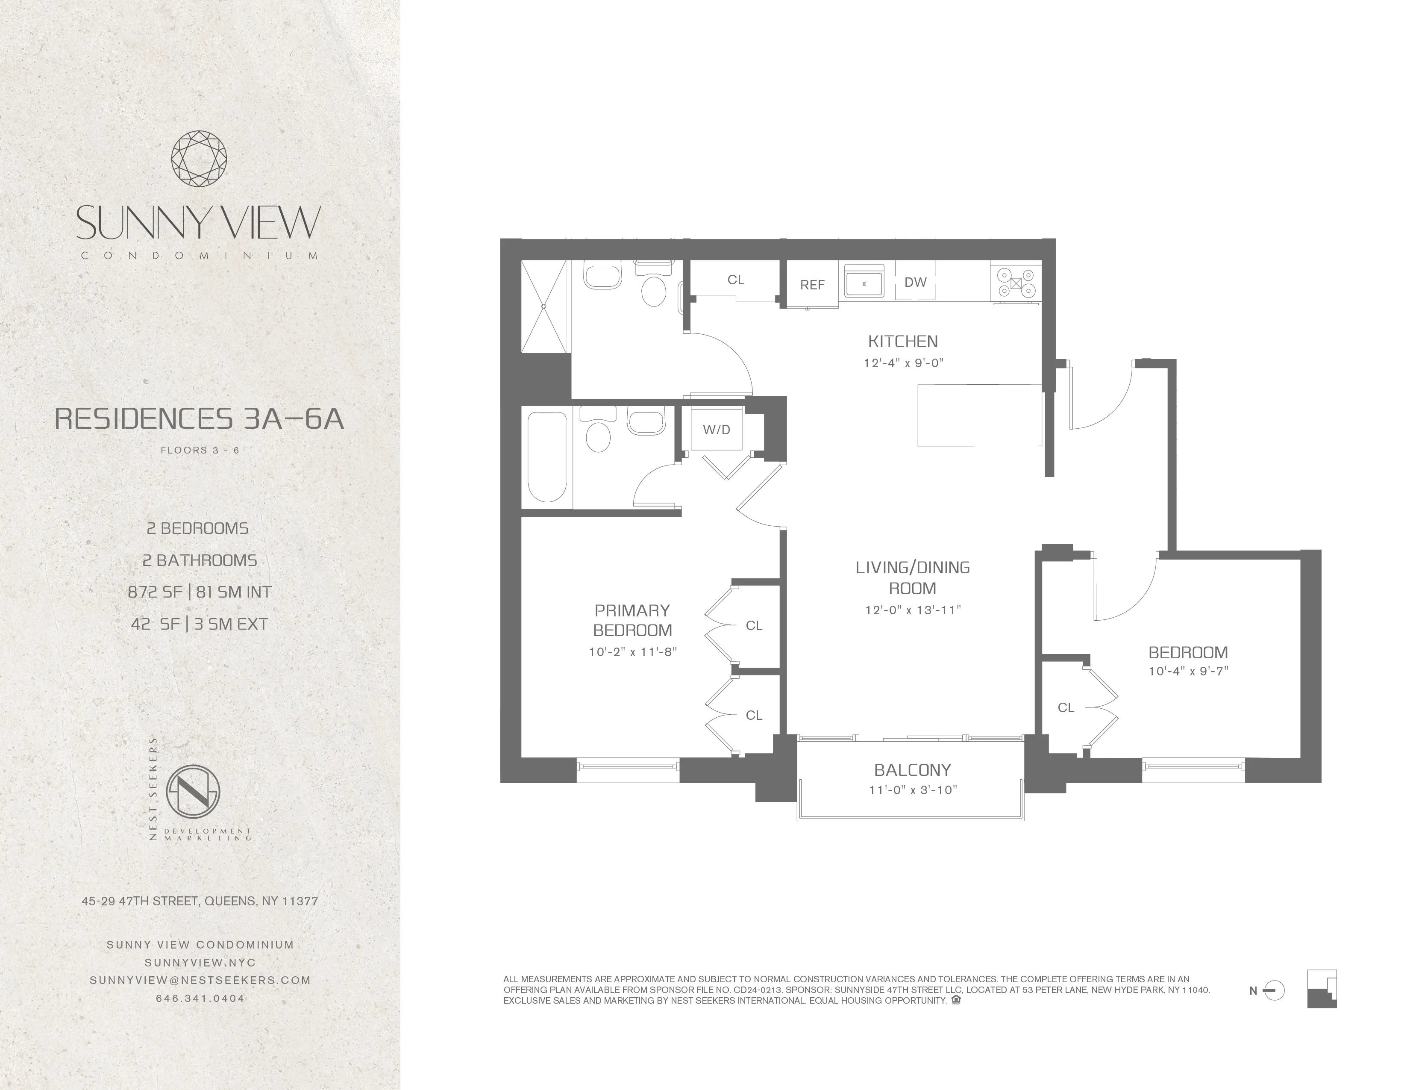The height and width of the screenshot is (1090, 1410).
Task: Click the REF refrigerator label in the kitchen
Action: coord(812,285)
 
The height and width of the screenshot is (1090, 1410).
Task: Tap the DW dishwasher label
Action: coord(915,282)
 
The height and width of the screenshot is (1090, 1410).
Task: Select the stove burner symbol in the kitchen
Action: coord(1016,283)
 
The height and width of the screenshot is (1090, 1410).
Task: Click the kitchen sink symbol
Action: coord(864,283)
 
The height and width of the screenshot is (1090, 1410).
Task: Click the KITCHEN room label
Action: coord(902,341)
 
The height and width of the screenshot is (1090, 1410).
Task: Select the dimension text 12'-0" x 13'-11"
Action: coord(913,610)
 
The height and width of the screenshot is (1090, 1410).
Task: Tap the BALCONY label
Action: coord(912,770)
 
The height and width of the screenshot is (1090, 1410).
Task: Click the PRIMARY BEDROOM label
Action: coord(632,620)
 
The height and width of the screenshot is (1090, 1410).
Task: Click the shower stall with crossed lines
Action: coord(543,307)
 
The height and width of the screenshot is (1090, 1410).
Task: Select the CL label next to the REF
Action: coord(735,280)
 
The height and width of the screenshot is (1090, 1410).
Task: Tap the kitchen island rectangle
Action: coord(979,415)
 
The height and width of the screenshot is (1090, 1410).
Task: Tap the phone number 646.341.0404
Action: coord(200,998)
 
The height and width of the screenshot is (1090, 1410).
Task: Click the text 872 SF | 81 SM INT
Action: coord(200,592)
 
